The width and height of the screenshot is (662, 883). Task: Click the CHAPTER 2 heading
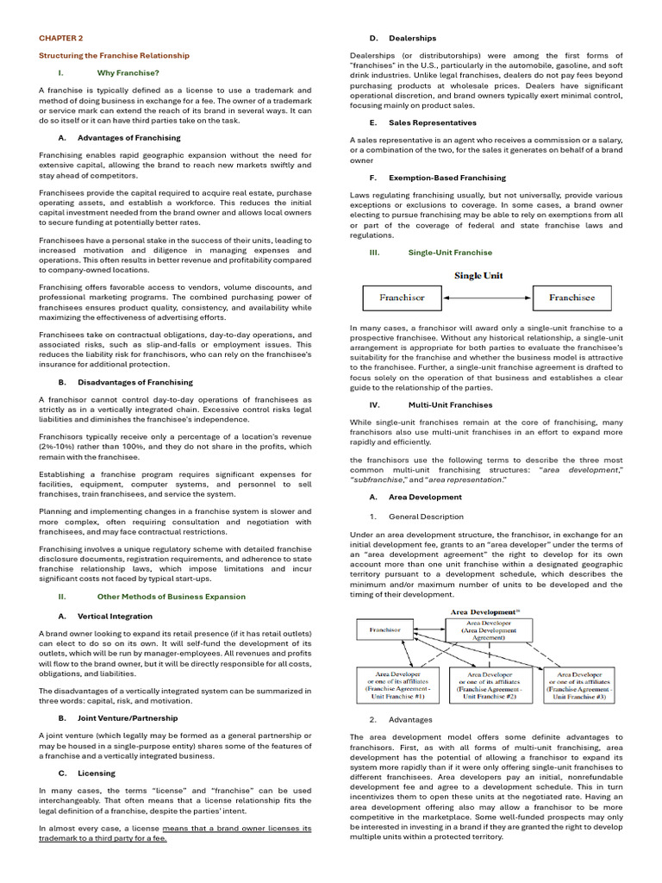point(61,39)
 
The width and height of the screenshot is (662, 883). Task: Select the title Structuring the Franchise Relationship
point(114,55)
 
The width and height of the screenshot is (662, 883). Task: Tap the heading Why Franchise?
point(128,72)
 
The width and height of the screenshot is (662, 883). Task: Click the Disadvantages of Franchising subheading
point(134,382)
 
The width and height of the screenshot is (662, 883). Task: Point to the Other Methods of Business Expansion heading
point(171,596)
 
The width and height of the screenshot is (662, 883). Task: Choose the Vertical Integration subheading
point(115,616)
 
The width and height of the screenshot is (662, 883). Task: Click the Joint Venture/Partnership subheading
point(128,717)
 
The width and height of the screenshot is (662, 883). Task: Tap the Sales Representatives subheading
point(433,122)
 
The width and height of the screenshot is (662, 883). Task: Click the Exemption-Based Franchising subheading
point(447,177)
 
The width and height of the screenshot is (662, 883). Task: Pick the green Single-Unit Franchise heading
point(450,253)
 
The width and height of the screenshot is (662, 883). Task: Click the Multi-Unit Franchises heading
point(450,404)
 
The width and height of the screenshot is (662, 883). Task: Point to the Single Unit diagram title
point(479,276)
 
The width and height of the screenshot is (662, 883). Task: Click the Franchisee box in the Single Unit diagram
point(571,298)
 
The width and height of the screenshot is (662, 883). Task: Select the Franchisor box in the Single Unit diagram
point(403,298)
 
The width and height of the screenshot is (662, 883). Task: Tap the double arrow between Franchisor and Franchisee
point(487,298)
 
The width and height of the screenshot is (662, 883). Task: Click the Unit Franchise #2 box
point(490,685)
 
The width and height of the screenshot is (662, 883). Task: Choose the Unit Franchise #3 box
point(581,685)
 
